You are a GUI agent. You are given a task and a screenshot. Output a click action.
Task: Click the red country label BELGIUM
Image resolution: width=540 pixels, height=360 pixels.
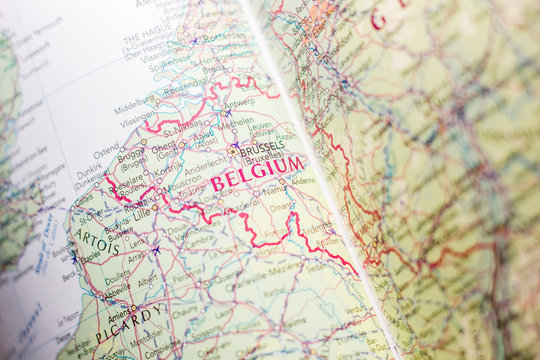(x=257, y=173)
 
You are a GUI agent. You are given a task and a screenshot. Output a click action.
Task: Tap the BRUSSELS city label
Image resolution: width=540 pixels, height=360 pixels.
(x=262, y=147)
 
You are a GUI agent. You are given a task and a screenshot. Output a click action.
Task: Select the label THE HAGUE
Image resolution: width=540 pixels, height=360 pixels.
(x=146, y=39)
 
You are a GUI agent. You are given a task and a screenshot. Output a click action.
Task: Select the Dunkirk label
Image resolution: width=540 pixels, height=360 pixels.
(x=89, y=171)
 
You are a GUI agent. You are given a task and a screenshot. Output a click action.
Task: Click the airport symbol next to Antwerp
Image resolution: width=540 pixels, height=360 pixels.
(x=227, y=113)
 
